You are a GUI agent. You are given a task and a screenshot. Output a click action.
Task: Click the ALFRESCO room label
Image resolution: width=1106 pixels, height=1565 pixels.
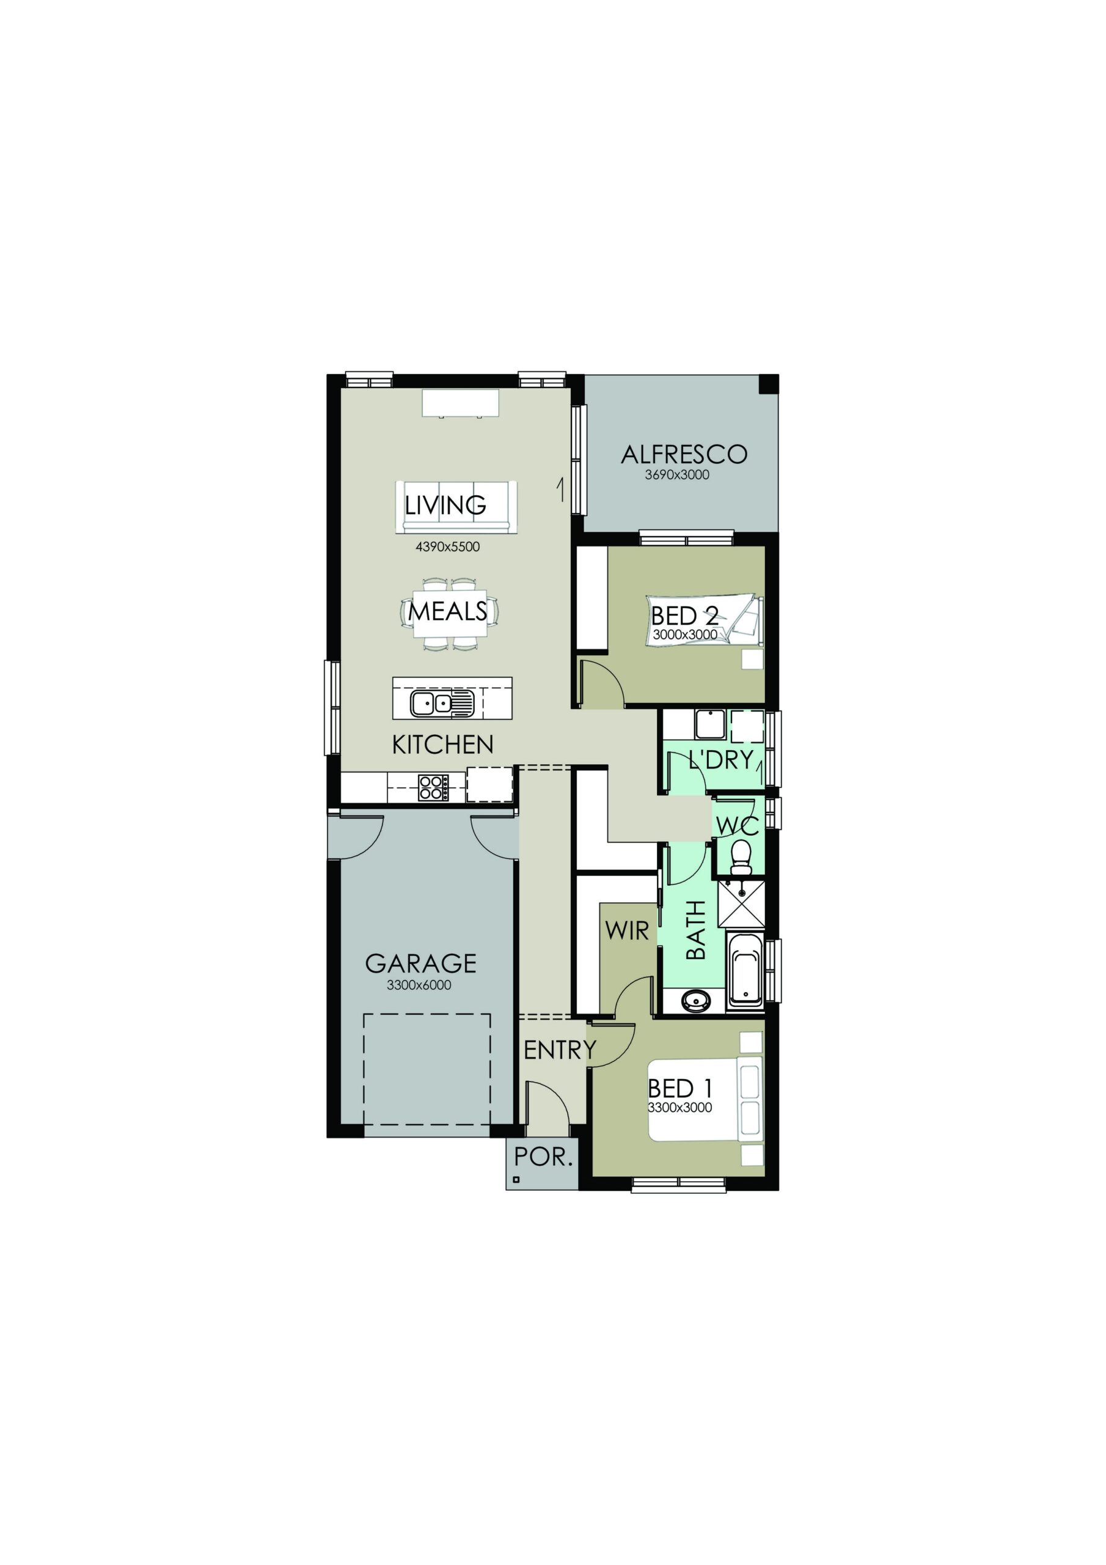(x=684, y=454)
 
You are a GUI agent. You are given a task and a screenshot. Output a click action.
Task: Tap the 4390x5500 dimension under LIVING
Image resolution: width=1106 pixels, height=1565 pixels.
(x=448, y=547)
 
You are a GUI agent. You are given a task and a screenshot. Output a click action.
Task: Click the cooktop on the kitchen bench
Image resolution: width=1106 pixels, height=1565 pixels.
(x=433, y=787)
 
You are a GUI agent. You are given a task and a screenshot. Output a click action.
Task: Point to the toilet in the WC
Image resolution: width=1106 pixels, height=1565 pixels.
(x=739, y=857)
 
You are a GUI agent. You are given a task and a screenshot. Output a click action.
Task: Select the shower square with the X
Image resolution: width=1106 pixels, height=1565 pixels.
(x=741, y=902)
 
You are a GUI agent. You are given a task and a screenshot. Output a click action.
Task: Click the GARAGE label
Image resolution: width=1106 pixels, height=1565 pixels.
(x=420, y=963)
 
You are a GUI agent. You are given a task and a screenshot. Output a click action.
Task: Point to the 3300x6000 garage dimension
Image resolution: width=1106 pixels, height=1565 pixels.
(x=419, y=985)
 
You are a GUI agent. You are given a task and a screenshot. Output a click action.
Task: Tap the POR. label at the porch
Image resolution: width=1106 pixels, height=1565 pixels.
(x=543, y=1157)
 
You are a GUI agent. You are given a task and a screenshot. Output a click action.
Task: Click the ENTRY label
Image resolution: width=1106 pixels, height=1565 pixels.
(x=560, y=1050)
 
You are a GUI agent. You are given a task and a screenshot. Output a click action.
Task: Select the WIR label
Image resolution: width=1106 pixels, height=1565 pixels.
(x=626, y=930)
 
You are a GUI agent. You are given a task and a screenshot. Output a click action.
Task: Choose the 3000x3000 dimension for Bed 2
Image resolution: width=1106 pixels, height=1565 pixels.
(x=685, y=635)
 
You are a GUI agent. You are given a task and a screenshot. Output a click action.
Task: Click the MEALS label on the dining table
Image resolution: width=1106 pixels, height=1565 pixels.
(x=447, y=611)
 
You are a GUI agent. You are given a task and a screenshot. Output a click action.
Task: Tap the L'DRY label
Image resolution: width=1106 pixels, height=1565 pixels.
(x=721, y=759)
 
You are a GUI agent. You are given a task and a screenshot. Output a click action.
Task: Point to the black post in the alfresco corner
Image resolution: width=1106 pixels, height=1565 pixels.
(x=769, y=385)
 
